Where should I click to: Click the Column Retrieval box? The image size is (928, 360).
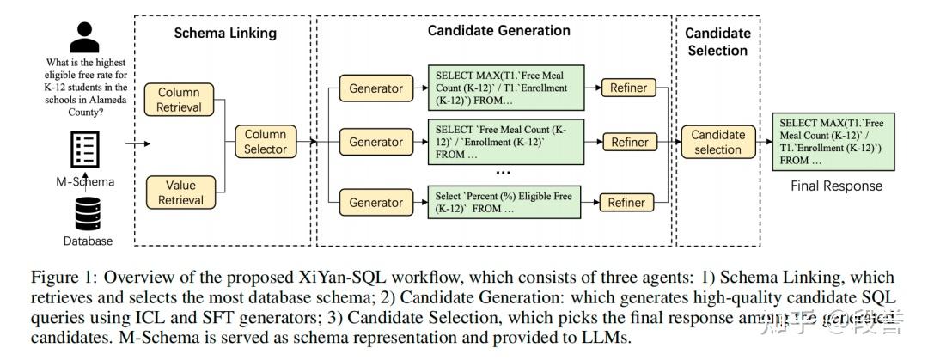179,100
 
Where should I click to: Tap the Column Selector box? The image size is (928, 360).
266,142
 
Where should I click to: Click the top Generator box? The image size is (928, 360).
375,88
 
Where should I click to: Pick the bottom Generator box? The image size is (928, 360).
375,203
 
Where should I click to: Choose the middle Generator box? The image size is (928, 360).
375,143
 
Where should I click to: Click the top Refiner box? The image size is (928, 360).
628,88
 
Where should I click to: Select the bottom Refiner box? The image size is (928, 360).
626,203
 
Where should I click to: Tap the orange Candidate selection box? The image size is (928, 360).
717,142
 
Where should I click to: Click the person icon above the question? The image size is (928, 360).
84,37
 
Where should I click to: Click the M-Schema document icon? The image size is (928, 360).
87,151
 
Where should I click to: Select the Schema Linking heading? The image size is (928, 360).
225,34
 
